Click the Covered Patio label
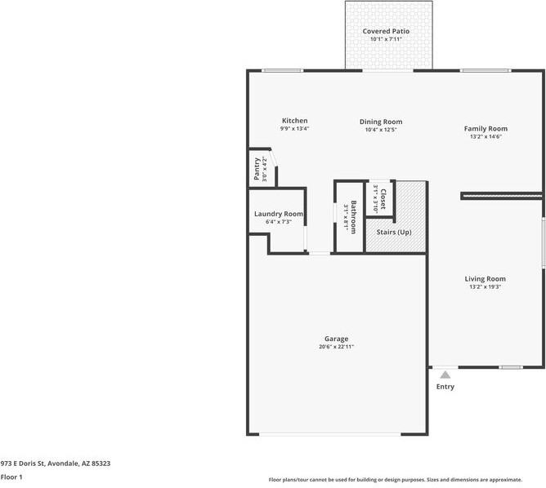click(387, 31)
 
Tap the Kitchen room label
click(294, 121)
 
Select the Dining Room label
click(381, 122)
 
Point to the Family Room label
click(486, 128)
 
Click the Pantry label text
click(256, 169)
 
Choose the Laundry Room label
click(278, 214)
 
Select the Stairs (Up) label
click(393, 232)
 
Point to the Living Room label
click(486, 278)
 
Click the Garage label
click(336, 339)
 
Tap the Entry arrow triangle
click(445, 375)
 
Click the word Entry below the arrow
click(445, 387)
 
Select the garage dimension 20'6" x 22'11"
click(336, 347)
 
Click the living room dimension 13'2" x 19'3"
click(486, 286)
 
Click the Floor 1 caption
click(11, 477)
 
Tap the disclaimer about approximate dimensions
click(406, 480)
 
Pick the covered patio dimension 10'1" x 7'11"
click(387, 39)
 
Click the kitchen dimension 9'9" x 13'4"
click(294, 129)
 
